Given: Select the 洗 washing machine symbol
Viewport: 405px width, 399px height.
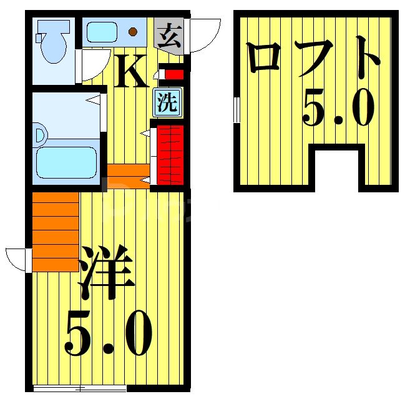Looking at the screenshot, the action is coord(167,102).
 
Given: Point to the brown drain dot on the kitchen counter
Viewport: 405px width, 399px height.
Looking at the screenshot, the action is coord(132,31).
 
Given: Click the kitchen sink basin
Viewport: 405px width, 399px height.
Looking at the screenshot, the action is coord(102,32).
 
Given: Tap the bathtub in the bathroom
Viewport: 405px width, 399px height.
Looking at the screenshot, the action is coord(66,162).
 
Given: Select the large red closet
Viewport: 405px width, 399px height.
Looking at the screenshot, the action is coord(170,155).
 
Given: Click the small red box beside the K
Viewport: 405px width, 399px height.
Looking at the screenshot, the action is coord(174,75).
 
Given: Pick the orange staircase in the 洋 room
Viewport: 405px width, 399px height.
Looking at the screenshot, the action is coord(56,232).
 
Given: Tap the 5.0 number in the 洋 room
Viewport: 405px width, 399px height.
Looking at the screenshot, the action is coord(109,333).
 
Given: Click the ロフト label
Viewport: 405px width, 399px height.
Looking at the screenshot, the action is coord(313,57).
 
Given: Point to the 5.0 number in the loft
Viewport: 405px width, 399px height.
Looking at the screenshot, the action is coord(339,107).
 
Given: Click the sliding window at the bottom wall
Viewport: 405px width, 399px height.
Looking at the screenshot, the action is coord(80,388).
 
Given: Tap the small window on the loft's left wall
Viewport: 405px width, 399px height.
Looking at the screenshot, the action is coord(237,110).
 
